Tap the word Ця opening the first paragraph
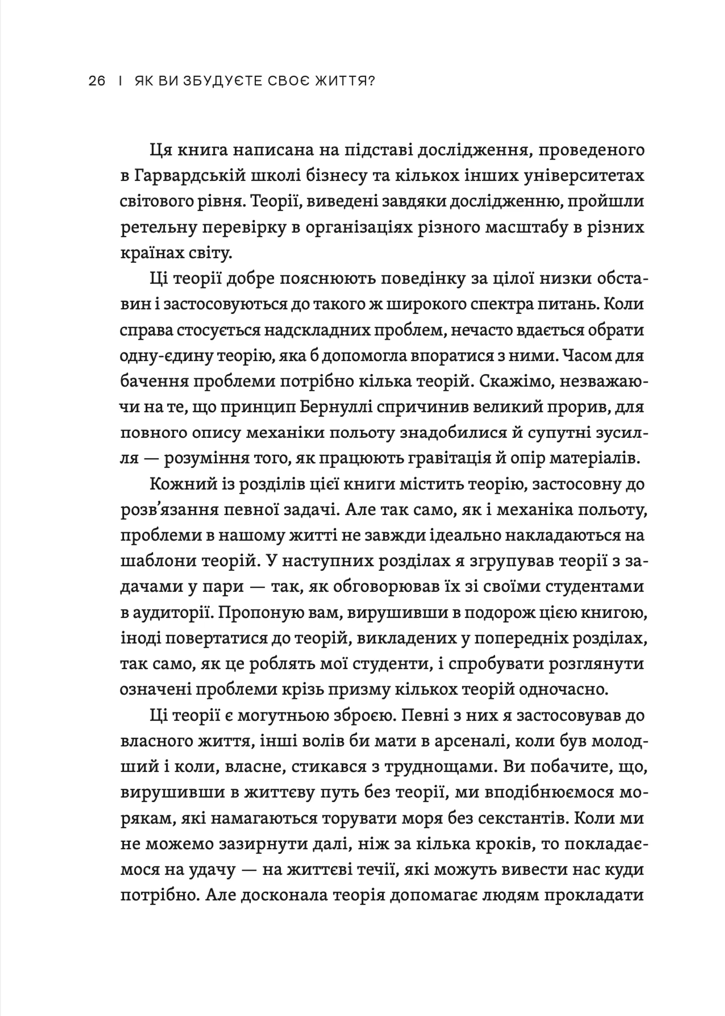pos(159,150)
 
